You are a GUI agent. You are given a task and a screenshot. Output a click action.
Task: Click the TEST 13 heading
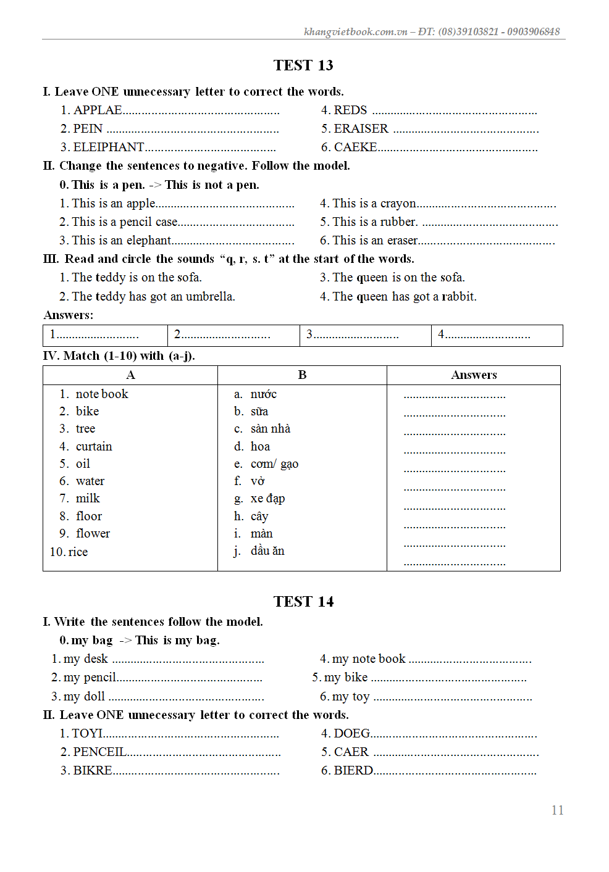pos(303,65)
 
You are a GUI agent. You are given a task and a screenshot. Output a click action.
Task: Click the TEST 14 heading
pos(303,602)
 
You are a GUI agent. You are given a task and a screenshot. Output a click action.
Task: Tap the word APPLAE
pos(98,110)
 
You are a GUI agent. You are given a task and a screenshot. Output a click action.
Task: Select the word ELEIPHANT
pos(109,147)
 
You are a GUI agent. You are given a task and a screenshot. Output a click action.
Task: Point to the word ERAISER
pos(361,129)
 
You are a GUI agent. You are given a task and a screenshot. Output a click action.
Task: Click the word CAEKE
pos(355,147)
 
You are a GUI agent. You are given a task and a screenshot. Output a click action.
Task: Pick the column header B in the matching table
pos(302,375)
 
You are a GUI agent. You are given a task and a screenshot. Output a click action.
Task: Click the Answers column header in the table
pos(474,375)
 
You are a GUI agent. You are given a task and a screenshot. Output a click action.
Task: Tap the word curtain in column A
pos(94,446)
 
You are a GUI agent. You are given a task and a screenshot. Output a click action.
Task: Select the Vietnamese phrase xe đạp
pos(267,499)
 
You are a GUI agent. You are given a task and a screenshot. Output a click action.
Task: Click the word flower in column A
pos(93,534)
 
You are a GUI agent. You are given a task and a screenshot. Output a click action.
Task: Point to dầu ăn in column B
pos(267,551)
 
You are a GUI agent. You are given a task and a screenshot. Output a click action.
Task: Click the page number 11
pos(557,810)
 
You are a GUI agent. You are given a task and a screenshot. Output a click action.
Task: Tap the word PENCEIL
pos(99,752)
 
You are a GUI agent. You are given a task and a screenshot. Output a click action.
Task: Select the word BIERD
pos(353,771)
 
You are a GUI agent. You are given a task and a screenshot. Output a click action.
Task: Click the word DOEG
pos(351,734)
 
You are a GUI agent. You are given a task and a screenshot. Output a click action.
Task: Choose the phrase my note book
pos(369,659)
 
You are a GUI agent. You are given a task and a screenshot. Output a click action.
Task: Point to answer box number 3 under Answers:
pos(365,335)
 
